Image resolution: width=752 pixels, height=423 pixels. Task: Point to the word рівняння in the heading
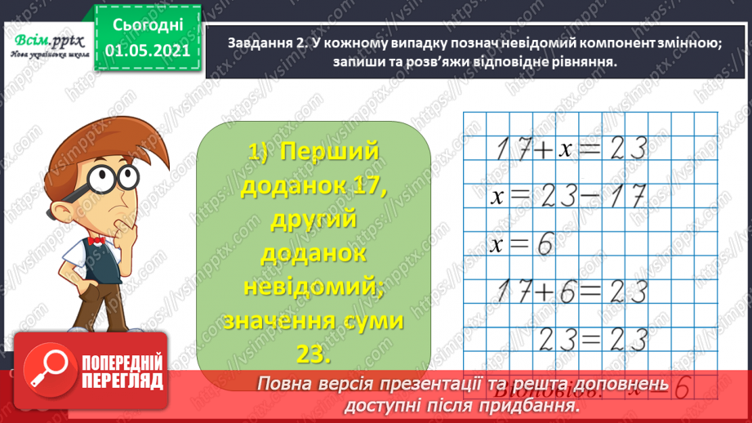pyautogui.click(x=581, y=63)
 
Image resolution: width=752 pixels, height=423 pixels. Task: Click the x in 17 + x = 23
pyautogui.click(x=567, y=149)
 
